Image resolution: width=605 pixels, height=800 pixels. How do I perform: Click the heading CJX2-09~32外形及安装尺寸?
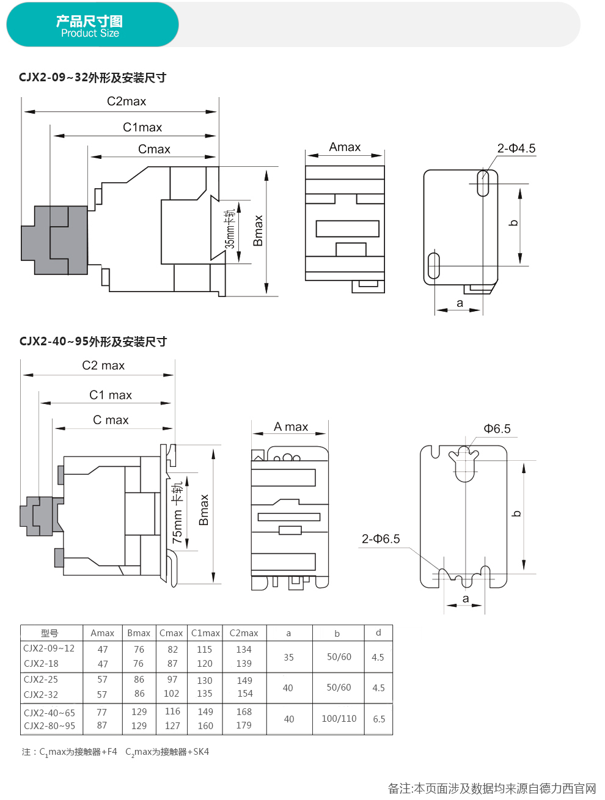[x=92, y=78]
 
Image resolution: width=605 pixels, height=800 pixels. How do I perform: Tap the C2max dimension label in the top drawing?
[x=127, y=101]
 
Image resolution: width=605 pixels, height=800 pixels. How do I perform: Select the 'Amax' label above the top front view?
[x=345, y=147]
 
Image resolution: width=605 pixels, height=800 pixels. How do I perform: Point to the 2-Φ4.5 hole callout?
[x=516, y=149]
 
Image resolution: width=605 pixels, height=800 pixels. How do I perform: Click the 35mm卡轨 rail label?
[x=230, y=229]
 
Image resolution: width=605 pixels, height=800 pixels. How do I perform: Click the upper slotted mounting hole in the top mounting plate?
[x=483, y=183]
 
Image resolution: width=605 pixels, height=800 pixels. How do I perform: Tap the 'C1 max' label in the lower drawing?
[x=111, y=395]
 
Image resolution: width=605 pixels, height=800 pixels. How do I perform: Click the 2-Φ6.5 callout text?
[x=381, y=539]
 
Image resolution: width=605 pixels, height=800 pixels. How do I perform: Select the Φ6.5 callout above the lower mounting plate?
[x=497, y=429]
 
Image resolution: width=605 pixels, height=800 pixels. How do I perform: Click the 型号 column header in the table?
[x=50, y=633]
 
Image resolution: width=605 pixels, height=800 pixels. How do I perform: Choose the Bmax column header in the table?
[x=139, y=633]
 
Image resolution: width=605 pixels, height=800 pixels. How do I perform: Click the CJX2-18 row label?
[x=42, y=664]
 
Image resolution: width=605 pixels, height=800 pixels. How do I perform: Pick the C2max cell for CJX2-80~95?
[x=244, y=725]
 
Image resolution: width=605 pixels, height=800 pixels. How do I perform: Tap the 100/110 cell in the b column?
[x=339, y=719]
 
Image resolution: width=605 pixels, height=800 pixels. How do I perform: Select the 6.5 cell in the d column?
[x=379, y=719]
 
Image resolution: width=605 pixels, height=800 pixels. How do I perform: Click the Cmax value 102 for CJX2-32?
[x=172, y=694]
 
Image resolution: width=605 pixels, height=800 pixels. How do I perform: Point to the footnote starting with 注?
[x=116, y=752]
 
